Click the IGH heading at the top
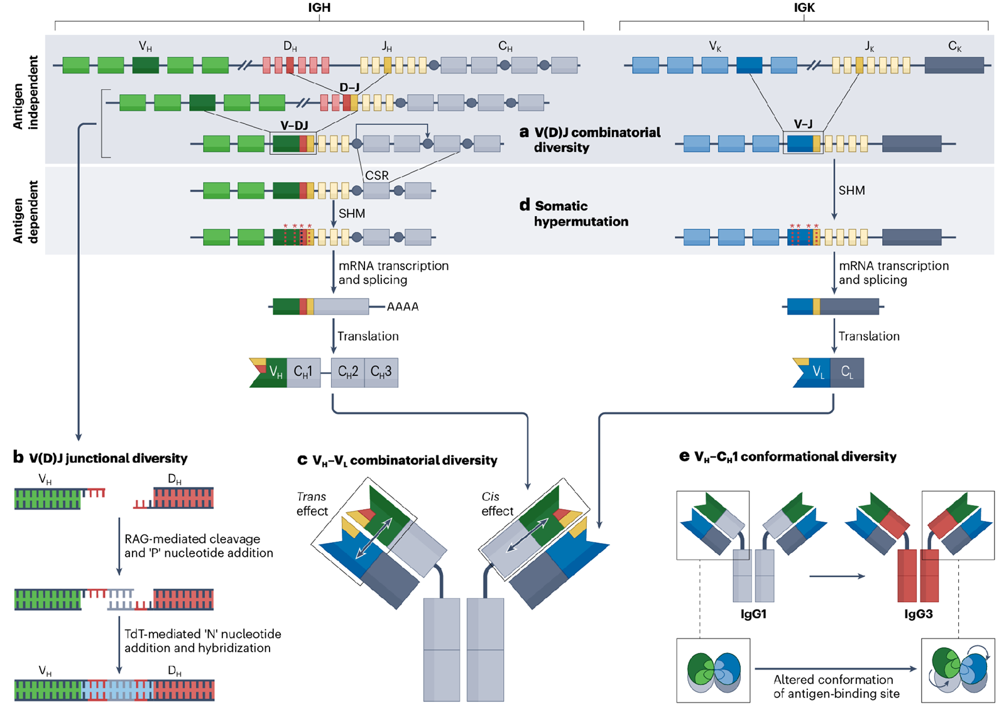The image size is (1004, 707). click(x=319, y=8)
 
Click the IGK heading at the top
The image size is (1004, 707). click(x=804, y=8)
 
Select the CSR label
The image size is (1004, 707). click(x=377, y=175)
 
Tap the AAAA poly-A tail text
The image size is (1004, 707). click(x=403, y=307)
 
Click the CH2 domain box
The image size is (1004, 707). click(x=347, y=372)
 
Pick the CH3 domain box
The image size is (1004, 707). click(x=381, y=372)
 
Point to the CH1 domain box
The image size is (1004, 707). click(x=303, y=372)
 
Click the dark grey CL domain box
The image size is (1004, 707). click(x=847, y=373)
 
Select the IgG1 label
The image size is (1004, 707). click(x=753, y=614)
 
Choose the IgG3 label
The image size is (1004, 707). click(x=918, y=614)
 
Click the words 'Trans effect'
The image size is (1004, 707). click(x=312, y=504)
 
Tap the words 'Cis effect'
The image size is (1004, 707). click(x=497, y=504)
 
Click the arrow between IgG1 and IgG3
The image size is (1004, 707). click(x=836, y=576)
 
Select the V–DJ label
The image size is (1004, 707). click(x=294, y=126)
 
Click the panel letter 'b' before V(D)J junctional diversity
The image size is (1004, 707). click(x=18, y=457)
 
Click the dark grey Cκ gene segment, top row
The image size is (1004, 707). click(x=954, y=65)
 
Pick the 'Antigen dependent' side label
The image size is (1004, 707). click(x=26, y=212)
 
